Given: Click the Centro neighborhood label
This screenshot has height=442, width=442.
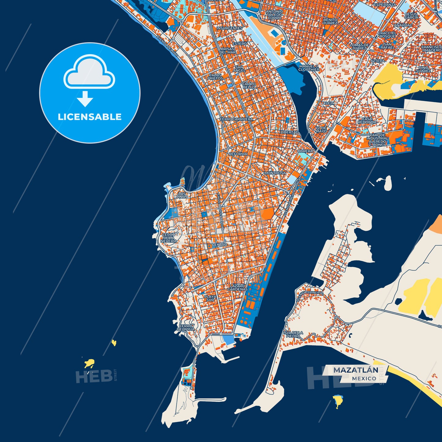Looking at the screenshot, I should pos(220,245).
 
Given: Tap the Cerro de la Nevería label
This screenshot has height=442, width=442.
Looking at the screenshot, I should pos(169,238).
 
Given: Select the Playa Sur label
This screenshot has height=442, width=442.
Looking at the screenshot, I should pos(210,298).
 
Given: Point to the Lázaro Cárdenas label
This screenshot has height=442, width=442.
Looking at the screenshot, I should pos(237,288).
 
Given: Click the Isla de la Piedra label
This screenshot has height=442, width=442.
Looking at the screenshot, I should pos(293,334).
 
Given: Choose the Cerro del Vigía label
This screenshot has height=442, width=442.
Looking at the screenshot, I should pos(185,328).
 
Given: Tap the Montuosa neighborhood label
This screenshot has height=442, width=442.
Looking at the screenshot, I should pos(275,173).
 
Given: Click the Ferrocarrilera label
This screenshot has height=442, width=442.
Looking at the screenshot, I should pos(236,119).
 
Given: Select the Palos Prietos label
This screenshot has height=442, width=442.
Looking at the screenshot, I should pos(215,77).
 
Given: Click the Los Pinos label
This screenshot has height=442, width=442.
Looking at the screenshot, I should pos(182,195).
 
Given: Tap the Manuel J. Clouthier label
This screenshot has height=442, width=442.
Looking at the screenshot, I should pos(309,68).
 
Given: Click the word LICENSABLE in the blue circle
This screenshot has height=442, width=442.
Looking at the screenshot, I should pos(90,117).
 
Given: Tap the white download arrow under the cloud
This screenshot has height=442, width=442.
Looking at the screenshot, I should pos(85,99).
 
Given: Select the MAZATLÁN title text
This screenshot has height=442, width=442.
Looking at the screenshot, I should pos(355,370).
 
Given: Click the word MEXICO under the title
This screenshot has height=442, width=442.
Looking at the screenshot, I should pos(364,378).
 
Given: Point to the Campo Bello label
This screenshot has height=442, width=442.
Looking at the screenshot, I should pos(249,85).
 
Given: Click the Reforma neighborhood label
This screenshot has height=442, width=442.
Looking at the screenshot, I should pos(238,154).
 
